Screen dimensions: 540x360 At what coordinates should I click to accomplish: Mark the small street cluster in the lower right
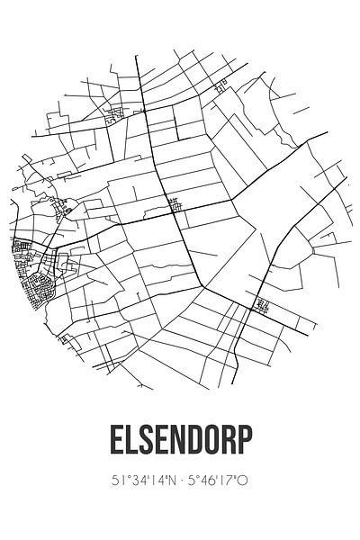[x=262, y=306]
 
